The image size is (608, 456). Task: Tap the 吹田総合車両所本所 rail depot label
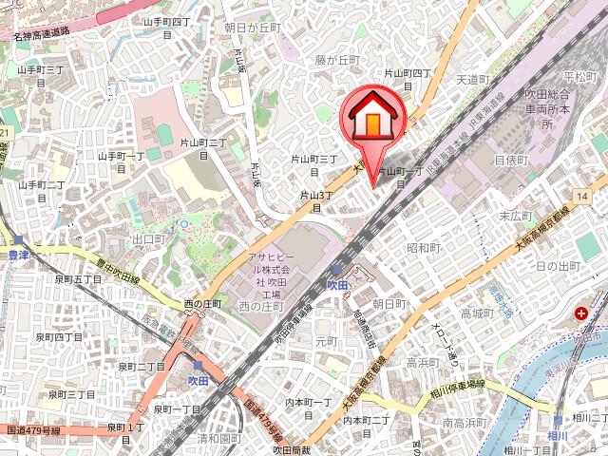547,109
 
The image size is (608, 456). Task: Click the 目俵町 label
510,161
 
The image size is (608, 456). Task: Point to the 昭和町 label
424,247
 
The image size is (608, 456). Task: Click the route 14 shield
581,194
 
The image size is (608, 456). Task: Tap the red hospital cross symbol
579,313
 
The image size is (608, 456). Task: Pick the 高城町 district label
479,313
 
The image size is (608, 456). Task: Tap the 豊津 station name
14,256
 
